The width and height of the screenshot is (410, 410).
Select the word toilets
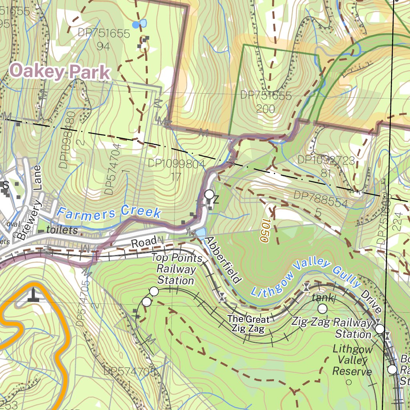pyautogui.click(x=62, y=230)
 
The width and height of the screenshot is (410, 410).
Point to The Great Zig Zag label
pyautogui.click(x=248, y=324)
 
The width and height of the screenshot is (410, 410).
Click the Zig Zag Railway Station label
pyautogui.click(x=332, y=328)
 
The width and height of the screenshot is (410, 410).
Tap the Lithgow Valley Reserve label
pyautogui.click(x=352, y=360)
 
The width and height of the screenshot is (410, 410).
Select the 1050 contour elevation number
pyautogui.click(x=264, y=231)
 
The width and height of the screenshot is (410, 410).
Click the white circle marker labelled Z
pyautogui.click(x=209, y=195)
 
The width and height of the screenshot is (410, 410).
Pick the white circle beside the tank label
pyautogui.click(x=322, y=308)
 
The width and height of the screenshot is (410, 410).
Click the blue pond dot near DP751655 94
pyautogui.click(x=136, y=25)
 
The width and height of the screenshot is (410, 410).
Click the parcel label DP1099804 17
pyautogui.click(x=176, y=170)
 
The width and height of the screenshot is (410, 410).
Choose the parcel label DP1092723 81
pyautogui.click(x=326, y=166)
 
